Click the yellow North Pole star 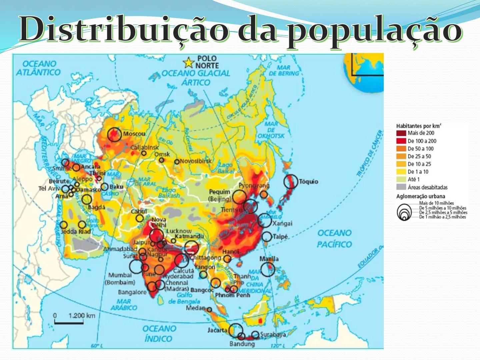(189, 62)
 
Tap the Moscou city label (134, 134)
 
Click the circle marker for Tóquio (291, 182)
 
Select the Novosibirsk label (196, 161)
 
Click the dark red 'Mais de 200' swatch (401, 133)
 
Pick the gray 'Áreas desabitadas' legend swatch (401, 187)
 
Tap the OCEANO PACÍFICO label (334, 239)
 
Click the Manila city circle (267, 269)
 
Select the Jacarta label (217, 330)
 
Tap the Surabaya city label (273, 334)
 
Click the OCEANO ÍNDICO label (159, 334)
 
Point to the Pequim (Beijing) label (220, 195)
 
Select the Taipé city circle (267, 237)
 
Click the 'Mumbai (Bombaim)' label (120, 279)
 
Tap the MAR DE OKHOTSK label (271, 130)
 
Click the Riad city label (85, 231)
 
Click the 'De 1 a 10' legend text (418, 172)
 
